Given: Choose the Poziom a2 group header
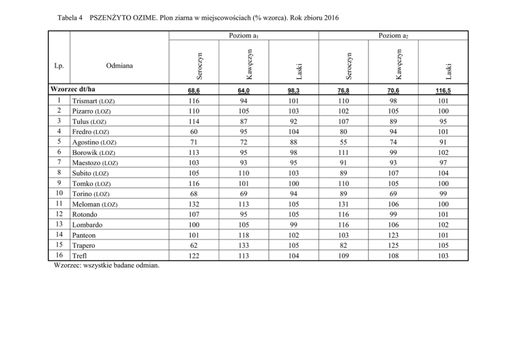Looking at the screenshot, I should coord(393,35).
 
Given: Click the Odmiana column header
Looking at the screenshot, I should coord(119,66).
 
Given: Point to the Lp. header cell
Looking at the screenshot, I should coord(59,66).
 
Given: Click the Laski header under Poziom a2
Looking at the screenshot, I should coord(448,71).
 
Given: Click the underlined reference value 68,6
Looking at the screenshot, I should coord(194,90).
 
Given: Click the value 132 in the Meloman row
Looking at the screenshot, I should coord(194,204).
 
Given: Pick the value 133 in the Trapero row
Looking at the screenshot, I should coord(244,246).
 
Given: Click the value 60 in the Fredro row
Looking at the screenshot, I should coord(194,132).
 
